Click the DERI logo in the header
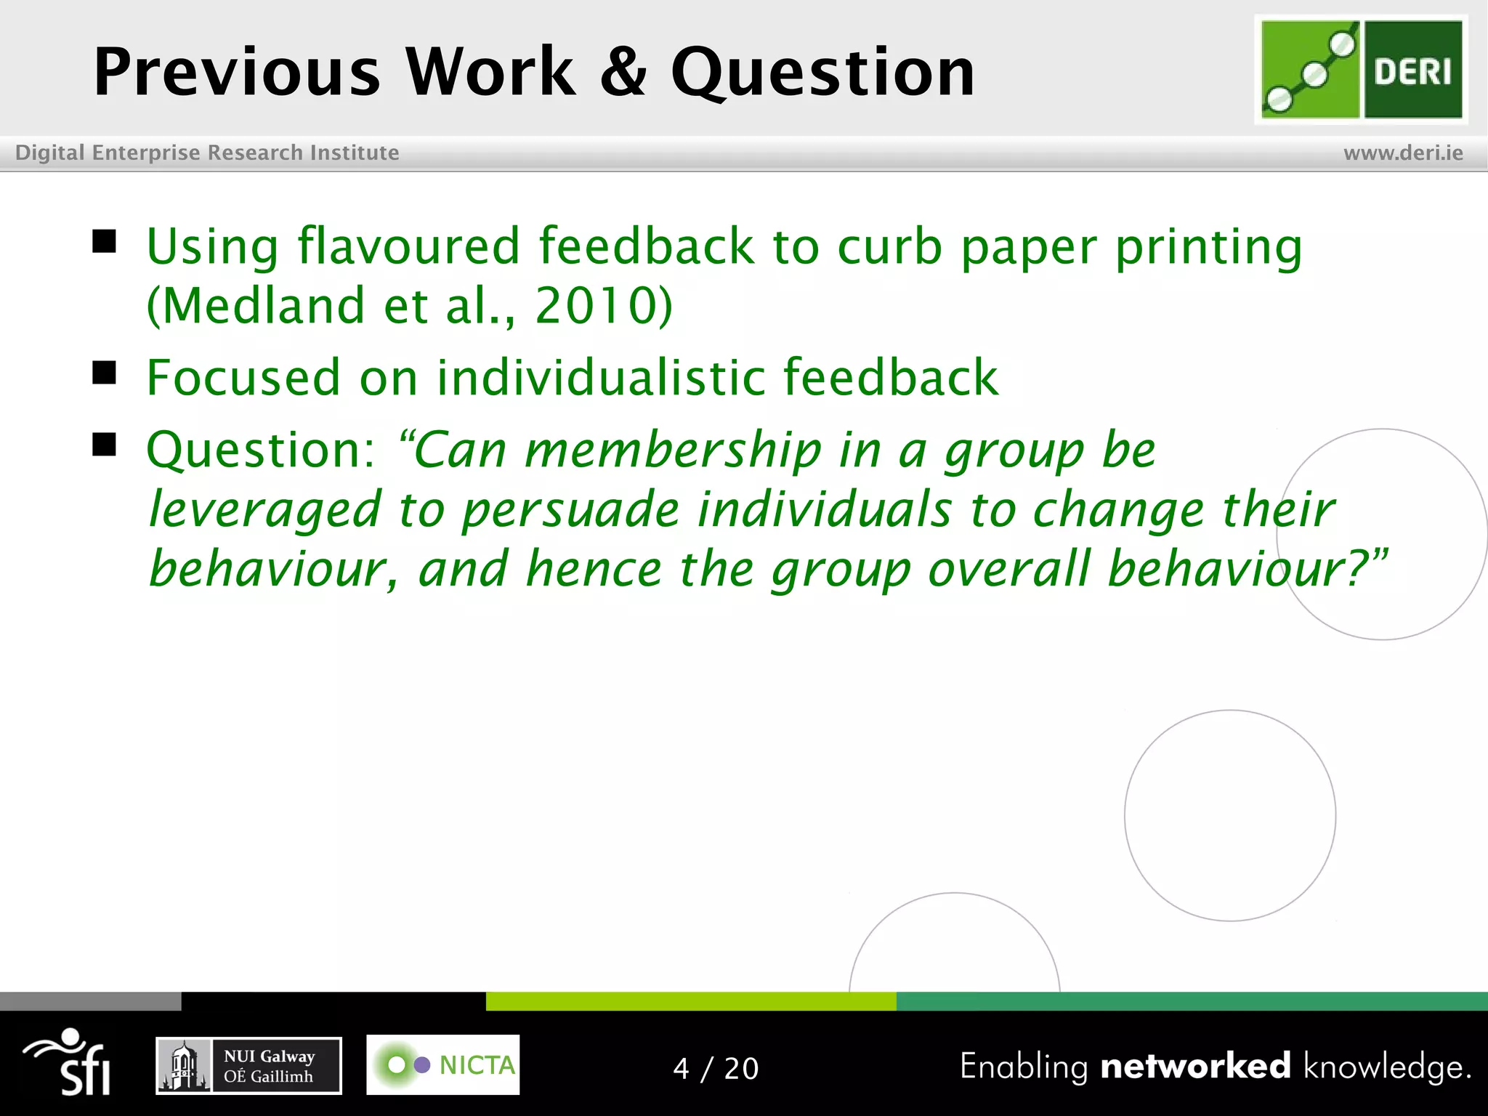[x=1361, y=70]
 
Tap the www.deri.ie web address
[x=1403, y=153]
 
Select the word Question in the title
[x=822, y=73]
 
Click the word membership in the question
[x=673, y=450]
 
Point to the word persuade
[x=570, y=509]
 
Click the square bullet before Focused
[x=105, y=373]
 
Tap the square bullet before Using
[x=105, y=241]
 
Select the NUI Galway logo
[x=248, y=1066]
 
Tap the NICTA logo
[x=442, y=1065]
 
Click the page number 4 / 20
[x=716, y=1069]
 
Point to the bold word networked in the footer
[x=1195, y=1066]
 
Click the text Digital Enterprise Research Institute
[x=207, y=153]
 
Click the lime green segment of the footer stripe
[x=690, y=1001]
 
